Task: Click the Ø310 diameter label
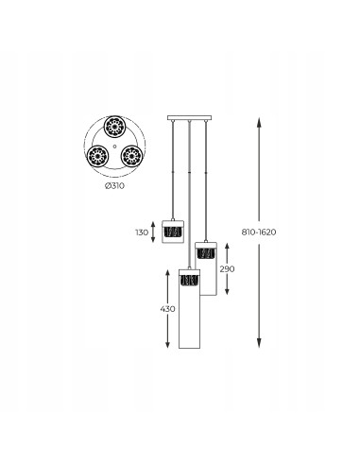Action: coord(114,186)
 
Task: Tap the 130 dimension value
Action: coord(142,232)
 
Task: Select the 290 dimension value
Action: coord(227,269)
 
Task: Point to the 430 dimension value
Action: coord(167,309)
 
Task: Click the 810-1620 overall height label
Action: coord(259,232)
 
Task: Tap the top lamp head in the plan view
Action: coord(114,127)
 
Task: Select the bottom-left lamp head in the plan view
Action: coord(97,156)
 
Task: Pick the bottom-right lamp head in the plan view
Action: coord(132,156)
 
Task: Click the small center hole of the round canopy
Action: coord(114,146)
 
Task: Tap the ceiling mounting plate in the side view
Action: coord(189,118)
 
